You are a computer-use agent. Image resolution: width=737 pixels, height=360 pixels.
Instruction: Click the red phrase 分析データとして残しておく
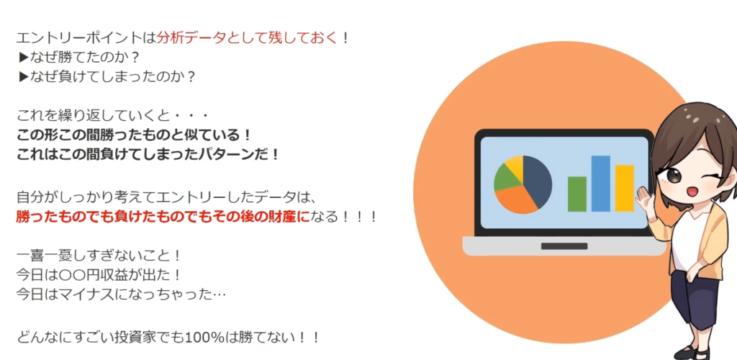pyautogui.click(x=248, y=37)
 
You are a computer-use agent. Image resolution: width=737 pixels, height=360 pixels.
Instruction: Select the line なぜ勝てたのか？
pyautogui.click(x=79, y=57)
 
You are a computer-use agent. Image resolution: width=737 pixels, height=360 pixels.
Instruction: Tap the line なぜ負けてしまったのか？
pyautogui.click(x=107, y=76)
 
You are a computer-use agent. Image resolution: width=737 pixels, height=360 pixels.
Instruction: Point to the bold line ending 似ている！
pyautogui.click(x=134, y=135)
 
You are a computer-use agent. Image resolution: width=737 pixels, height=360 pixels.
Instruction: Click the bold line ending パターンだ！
pyautogui.click(x=148, y=155)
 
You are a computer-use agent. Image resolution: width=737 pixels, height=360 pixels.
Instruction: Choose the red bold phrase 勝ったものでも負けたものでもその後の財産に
pyautogui.click(x=163, y=217)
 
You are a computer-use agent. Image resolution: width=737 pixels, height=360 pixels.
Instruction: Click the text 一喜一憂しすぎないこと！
pyautogui.click(x=99, y=256)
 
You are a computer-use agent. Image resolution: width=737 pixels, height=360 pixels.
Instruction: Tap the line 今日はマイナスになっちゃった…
pyautogui.click(x=121, y=294)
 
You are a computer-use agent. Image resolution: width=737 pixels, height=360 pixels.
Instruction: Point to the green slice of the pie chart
pyautogui.click(x=505, y=176)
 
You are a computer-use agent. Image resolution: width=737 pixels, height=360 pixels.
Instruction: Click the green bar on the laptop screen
pyautogui.click(x=577, y=194)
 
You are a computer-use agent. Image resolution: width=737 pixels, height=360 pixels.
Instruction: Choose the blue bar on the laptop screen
pyautogui.click(x=601, y=184)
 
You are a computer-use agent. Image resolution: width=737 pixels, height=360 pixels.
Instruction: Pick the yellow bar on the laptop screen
pyautogui.click(x=625, y=189)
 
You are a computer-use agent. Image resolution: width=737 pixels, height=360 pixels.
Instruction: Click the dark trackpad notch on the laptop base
pyautogui.click(x=564, y=246)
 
